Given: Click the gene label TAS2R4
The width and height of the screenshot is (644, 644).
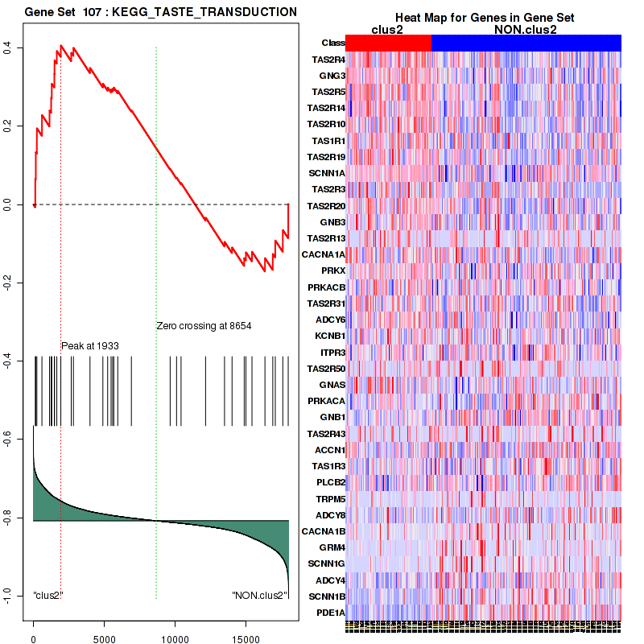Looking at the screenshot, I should tap(328, 60).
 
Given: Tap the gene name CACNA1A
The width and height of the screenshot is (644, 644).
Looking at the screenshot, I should tap(324, 254).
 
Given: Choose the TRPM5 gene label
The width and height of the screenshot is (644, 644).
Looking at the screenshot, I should tap(330, 498).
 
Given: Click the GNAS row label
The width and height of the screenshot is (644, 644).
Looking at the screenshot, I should tap(332, 385).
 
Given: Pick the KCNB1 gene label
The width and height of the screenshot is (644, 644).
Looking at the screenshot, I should tap(330, 336).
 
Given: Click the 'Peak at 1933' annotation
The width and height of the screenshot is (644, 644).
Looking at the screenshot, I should tap(90, 345).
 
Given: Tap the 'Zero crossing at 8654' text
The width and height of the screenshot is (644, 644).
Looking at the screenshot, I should tap(204, 326).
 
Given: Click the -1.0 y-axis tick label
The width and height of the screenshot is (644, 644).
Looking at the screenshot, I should tap(12, 594).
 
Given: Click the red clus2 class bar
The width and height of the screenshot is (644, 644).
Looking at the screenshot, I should tap(388, 43).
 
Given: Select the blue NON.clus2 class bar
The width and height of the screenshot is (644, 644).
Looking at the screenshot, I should tap(526, 43).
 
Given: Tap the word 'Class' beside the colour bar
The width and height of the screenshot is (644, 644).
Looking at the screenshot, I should tap(332, 43).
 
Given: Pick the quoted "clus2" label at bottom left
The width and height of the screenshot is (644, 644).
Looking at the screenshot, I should tap(48, 595).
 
